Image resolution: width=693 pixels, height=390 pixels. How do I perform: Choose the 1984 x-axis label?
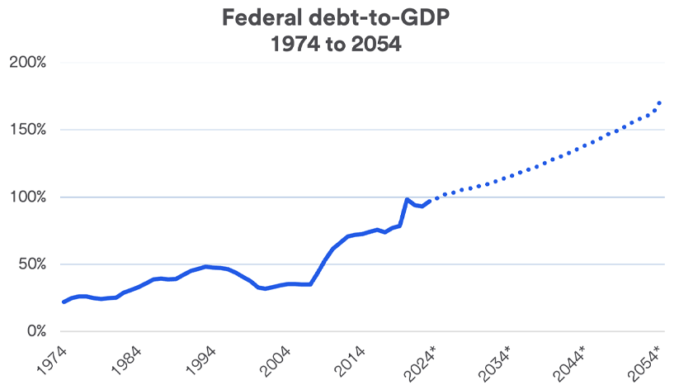tap(130, 360)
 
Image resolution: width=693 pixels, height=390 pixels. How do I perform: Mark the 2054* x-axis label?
tap(647, 361)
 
